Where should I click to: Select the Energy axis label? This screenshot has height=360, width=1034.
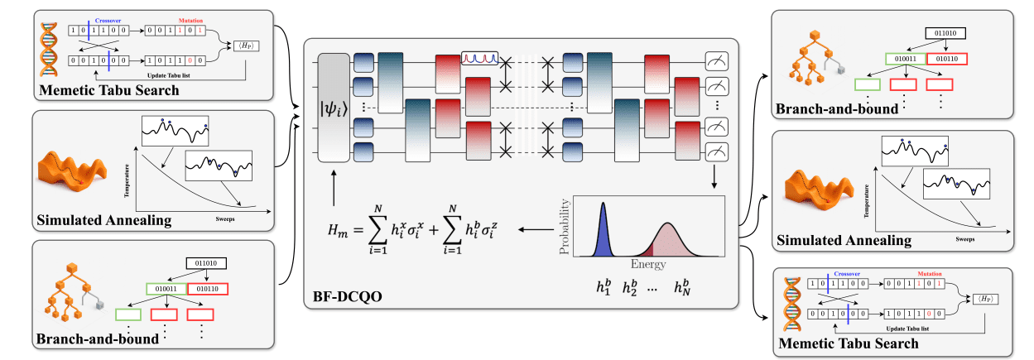pos(647,266)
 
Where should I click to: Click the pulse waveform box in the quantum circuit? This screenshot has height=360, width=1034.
pos(483,58)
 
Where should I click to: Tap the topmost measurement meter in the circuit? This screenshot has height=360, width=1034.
pos(716,60)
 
